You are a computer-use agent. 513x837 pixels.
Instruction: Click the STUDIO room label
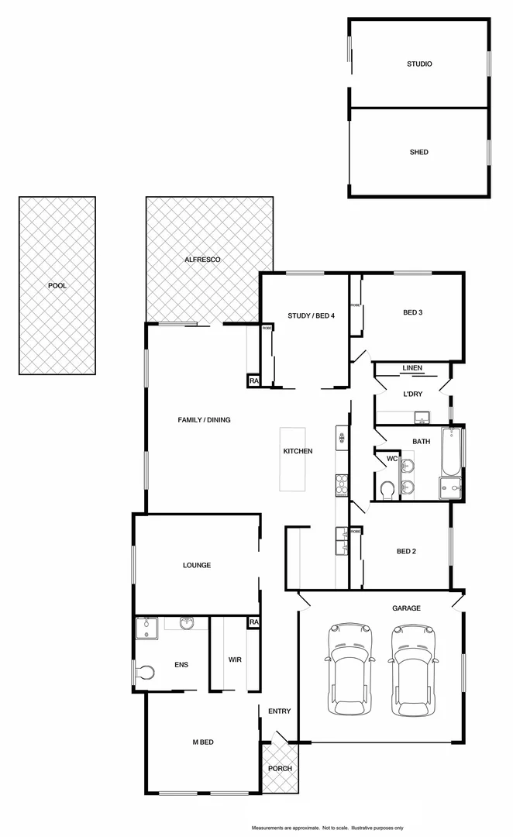pos(419,64)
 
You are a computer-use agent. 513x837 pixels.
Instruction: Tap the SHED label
pos(419,153)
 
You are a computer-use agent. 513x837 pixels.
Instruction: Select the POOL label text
pos(57,286)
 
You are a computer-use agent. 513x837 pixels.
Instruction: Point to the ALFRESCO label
pos(202,259)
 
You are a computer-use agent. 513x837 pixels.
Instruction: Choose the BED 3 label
pos(412,313)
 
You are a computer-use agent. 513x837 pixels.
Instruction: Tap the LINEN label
pos(412,368)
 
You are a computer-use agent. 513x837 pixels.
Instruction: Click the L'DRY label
pos(412,394)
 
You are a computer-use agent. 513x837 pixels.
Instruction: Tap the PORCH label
pos(280,769)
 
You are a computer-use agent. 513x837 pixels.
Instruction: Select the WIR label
pos(235,660)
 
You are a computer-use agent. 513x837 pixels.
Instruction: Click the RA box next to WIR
pos(253,622)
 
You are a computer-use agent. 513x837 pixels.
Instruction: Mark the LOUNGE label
pos(197,565)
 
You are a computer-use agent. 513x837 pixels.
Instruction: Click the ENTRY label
pos(279,711)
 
